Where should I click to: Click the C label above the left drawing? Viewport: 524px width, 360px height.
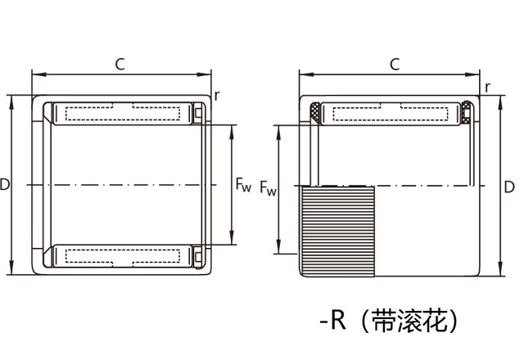coord(120,63)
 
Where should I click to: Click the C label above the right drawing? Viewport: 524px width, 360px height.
coord(395,63)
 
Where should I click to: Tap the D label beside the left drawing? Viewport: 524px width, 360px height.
coord(5,186)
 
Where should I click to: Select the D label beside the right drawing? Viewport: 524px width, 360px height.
coord(509,187)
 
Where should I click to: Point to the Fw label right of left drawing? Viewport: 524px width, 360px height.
coord(243,187)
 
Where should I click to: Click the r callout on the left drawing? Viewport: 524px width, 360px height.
coord(217,95)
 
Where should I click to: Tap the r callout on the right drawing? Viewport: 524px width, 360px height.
coord(487,88)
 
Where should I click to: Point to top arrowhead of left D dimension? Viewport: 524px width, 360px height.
coord(11,99)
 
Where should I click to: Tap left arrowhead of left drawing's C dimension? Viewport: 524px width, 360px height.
coord(35,74)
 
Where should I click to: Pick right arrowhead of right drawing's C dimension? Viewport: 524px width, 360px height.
coord(476,74)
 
